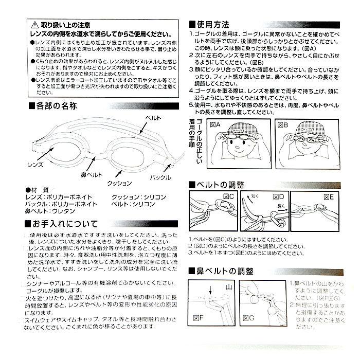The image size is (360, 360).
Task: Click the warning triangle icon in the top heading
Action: point(34,24)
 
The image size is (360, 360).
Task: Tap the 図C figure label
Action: point(227,197)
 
